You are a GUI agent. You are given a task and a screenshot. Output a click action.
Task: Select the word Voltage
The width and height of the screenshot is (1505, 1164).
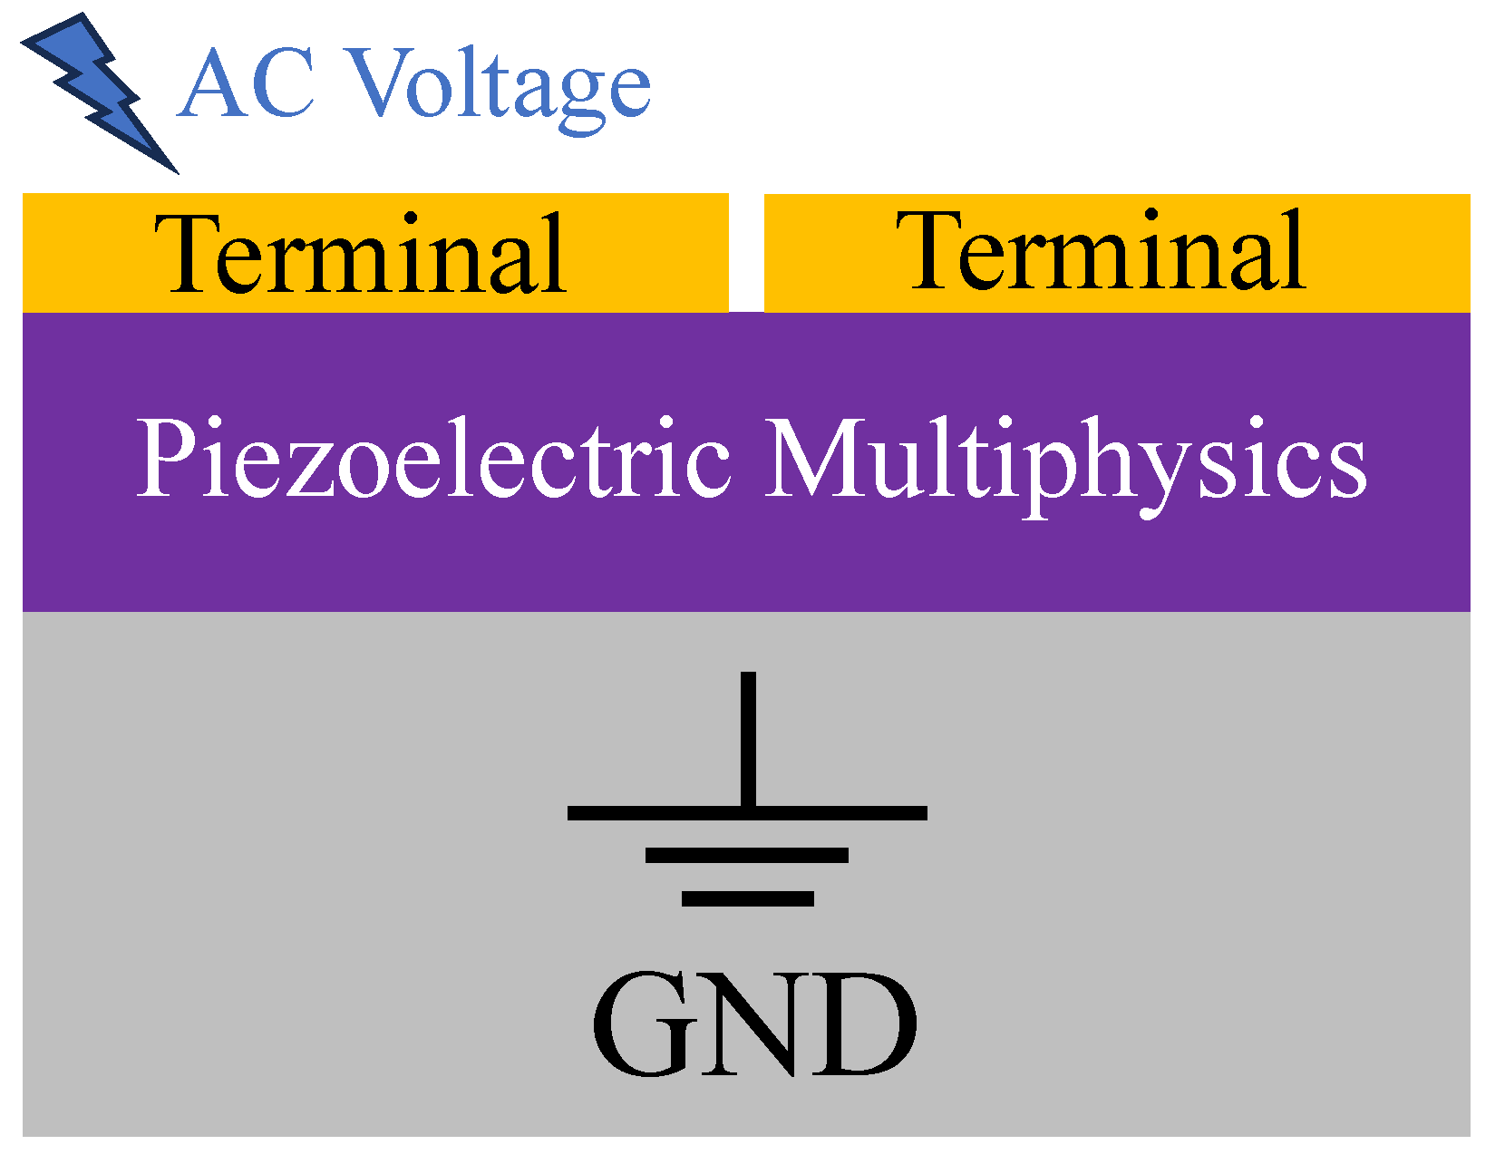[x=500, y=87]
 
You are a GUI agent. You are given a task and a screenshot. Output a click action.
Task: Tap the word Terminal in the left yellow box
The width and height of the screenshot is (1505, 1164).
[x=361, y=254]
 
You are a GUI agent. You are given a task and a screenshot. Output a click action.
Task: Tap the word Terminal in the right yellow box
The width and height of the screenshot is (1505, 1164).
[x=1101, y=250]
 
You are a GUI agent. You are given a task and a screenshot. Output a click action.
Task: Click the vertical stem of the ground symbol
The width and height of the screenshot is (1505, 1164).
[x=748, y=739]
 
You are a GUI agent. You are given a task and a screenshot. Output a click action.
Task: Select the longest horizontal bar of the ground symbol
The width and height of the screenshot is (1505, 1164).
[x=747, y=813]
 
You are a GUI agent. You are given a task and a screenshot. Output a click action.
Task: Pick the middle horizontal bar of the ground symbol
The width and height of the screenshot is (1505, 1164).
[x=747, y=855]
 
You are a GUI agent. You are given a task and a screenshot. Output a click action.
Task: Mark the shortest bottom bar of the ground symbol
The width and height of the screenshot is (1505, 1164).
[x=747, y=898]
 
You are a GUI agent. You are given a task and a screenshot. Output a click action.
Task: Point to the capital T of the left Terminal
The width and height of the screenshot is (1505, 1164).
[x=189, y=254]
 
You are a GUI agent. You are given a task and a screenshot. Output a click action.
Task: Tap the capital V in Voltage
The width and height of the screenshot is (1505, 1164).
[x=381, y=83]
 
